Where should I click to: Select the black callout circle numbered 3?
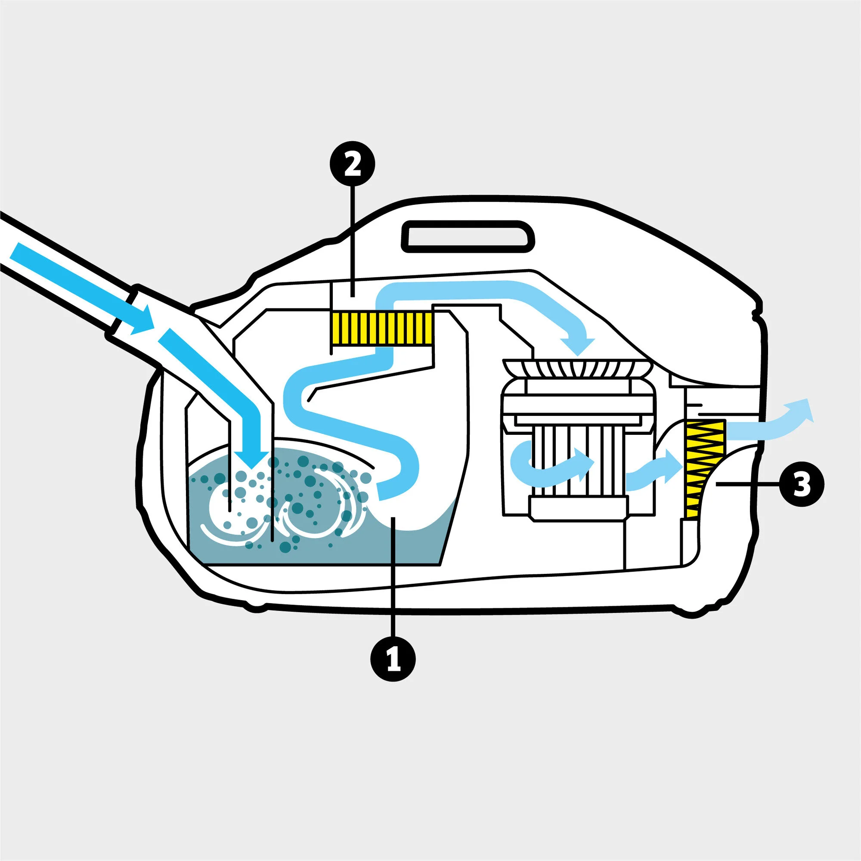coord(801,484)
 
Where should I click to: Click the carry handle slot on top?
coord(468,235)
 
